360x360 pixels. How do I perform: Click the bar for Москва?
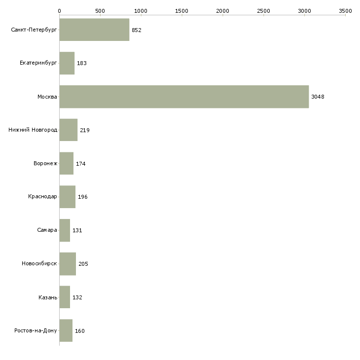184,97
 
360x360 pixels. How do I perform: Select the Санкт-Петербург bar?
94,30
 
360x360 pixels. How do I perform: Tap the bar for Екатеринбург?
67,63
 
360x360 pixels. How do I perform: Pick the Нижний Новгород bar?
68,130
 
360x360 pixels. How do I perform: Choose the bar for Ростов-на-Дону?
66,330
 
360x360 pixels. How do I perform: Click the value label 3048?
318,97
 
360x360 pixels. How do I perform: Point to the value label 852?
136,30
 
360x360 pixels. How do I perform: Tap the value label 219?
84,130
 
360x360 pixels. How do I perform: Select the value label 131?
77,230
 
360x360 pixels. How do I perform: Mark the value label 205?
83,264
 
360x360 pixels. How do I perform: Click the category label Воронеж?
45,163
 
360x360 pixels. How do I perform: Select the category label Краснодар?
42,197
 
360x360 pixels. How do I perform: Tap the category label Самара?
47,230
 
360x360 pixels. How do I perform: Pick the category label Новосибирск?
39,264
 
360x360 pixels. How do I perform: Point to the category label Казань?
47,297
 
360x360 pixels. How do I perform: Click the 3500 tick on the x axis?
345,10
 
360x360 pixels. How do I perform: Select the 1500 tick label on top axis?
181,10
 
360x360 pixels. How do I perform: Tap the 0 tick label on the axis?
59,10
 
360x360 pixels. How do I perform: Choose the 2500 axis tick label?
263,10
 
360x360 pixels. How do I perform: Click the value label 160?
79,331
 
